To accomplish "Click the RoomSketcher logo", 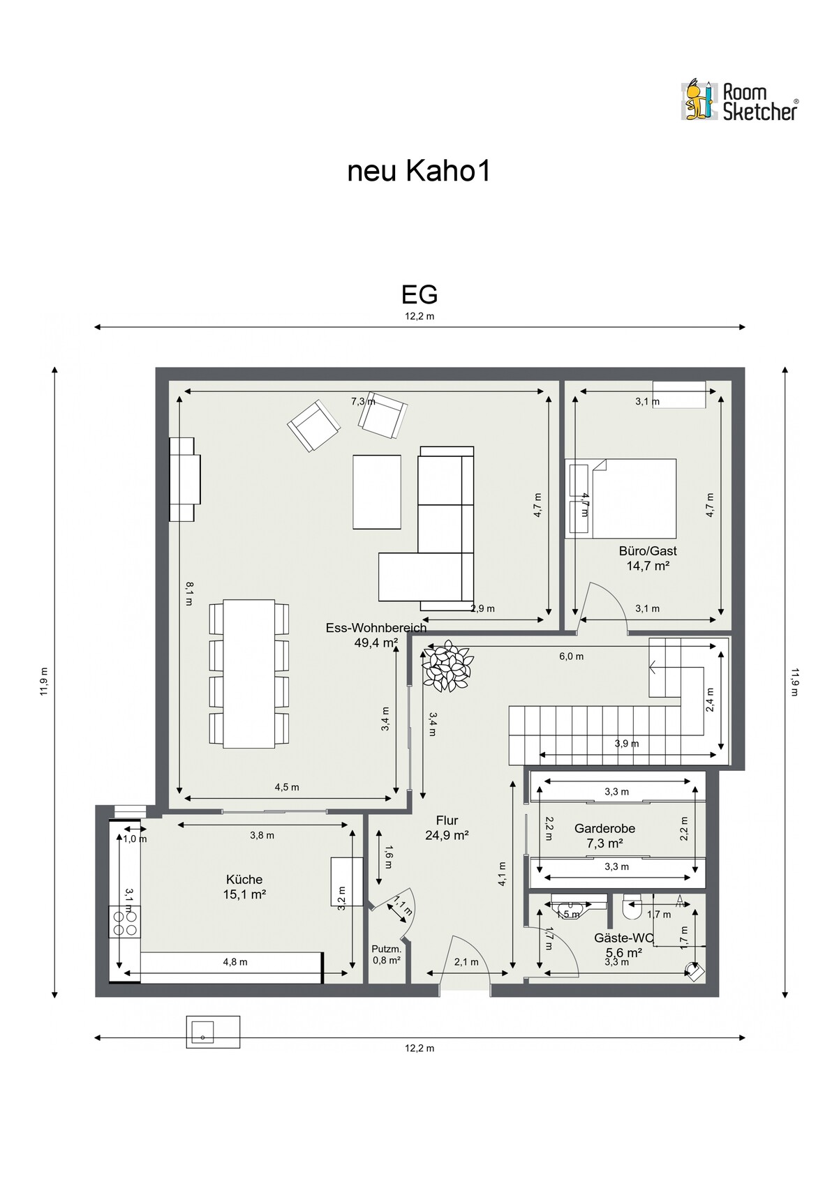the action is (x=740, y=100).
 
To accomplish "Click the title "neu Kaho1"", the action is (x=419, y=172).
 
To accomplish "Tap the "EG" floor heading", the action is (x=419, y=294).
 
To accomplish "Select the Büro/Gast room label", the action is (x=648, y=558).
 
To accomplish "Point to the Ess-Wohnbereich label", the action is (x=376, y=636).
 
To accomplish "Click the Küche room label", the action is (x=244, y=887).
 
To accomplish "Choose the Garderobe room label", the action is (x=604, y=836).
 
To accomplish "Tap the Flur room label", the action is (x=447, y=827).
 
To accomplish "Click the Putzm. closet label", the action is (x=386, y=954).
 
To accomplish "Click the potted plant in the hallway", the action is (x=447, y=666).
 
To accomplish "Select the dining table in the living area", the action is (x=249, y=673).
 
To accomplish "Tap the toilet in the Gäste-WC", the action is (x=631, y=906).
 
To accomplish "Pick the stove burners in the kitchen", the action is (x=125, y=922).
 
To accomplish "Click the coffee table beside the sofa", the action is (x=377, y=492).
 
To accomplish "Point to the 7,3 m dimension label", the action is (x=364, y=401).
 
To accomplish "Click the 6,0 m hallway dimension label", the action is (x=572, y=656).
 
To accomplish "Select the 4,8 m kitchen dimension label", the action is (x=235, y=962).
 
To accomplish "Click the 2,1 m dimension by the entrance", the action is (x=466, y=962).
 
